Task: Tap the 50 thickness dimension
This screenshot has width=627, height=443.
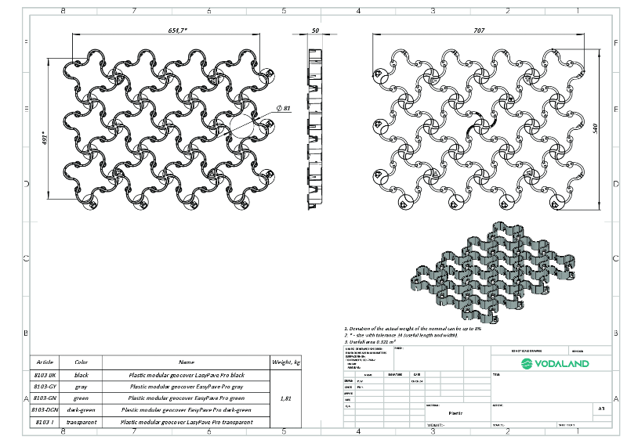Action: coord(315,30)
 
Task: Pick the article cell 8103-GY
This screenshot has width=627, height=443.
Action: coord(45,387)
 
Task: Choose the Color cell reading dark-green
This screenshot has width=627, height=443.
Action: coord(82,409)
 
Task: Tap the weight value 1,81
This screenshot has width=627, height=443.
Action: coord(286,398)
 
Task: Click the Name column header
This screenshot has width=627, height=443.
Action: coord(186,362)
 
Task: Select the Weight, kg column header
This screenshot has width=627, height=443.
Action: coord(286,362)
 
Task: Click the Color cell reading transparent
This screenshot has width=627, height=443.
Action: coord(82,422)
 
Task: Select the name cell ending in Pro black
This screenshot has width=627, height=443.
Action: coord(186,375)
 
